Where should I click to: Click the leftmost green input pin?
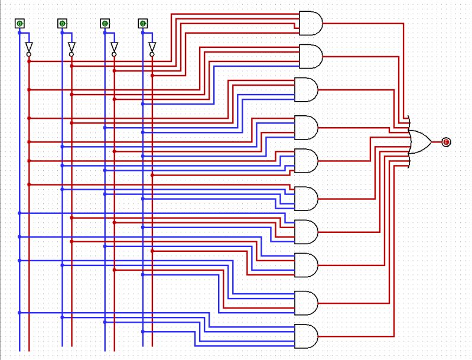[x=19, y=24]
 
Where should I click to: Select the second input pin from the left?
[x=62, y=24]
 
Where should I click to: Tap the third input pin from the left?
[x=105, y=24]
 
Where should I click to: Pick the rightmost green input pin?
[x=142, y=24]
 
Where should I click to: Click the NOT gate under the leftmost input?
[x=29, y=48]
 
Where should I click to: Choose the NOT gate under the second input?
[x=71, y=48]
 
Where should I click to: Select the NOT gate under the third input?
[x=114, y=48]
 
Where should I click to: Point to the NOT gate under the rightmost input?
[x=152, y=48]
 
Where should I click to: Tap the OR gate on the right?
[x=420, y=142]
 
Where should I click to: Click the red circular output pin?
[x=446, y=142]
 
